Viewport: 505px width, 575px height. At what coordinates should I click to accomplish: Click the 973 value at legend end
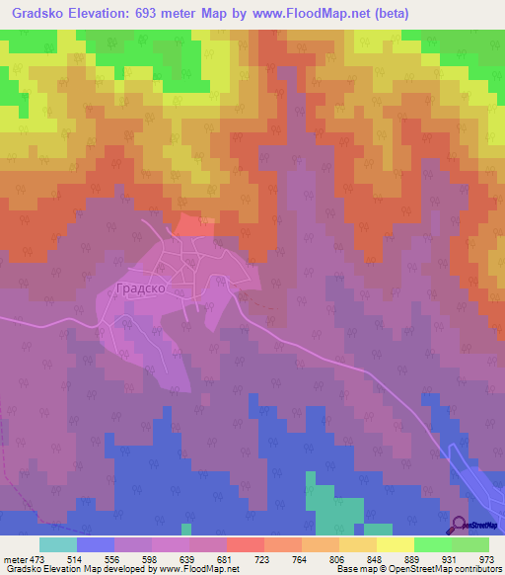pos(486,558)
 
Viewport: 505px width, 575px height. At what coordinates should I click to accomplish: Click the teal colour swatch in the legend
pos(58,544)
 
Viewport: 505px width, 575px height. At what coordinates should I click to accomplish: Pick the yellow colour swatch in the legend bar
pos(396,544)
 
